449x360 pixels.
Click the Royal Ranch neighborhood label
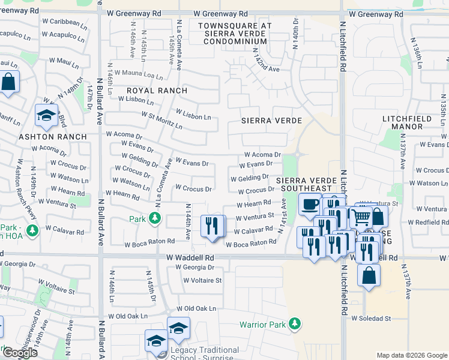coord(157,91)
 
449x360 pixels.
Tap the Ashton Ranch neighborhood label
coord(53,137)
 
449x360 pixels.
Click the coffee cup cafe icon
coord(310,205)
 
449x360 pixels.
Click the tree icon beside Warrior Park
coord(294,324)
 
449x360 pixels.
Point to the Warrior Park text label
coord(262,325)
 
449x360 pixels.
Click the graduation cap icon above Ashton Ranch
coord(46,115)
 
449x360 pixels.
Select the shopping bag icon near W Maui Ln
coord(9,82)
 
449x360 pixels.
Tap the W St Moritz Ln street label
coord(161,119)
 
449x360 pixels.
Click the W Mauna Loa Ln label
coord(139,74)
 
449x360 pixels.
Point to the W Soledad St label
coord(371,318)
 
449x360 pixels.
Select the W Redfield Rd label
coord(427,223)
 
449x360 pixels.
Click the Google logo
coord(20,353)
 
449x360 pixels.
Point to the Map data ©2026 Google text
coord(411,355)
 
